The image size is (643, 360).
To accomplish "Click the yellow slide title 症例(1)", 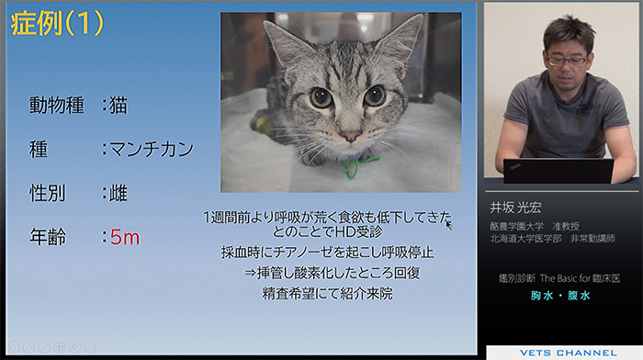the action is [57, 23].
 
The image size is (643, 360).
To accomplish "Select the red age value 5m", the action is [125, 238].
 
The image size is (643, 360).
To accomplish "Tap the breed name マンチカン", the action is [152, 149].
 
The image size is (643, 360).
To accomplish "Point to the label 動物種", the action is [57, 106].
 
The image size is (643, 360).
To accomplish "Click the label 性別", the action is [47, 193].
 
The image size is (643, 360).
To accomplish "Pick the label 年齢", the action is [48, 237].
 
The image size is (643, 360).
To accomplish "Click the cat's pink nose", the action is [350, 137].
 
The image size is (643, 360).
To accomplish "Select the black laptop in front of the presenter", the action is [558, 171].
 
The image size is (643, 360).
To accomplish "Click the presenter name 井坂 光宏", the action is [515, 208].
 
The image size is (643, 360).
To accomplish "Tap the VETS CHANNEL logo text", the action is [568, 353].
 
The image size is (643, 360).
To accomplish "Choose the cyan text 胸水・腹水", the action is [560, 295].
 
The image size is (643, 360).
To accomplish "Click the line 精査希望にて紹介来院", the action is [327, 293].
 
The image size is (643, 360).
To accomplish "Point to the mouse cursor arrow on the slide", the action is [448, 226].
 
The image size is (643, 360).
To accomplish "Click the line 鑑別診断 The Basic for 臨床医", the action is [559, 278].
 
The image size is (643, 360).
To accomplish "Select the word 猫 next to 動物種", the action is [118, 106].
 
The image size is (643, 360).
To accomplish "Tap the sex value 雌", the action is [118, 193].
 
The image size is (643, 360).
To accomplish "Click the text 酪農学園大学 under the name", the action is [516, 226].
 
